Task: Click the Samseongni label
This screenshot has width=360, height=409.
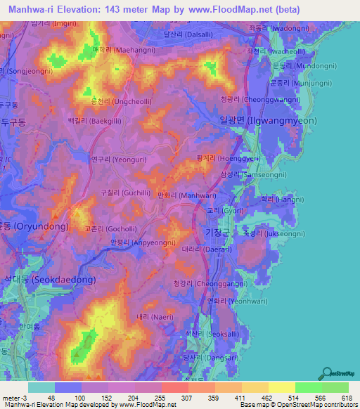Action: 251,174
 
